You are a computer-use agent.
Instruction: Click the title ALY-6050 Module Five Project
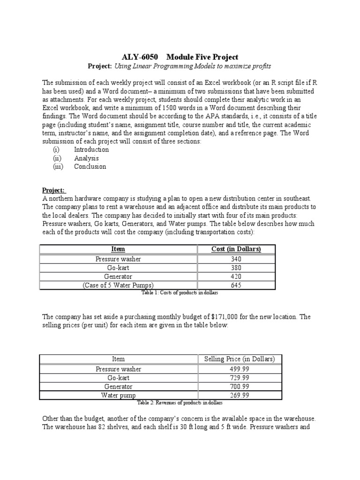pos(180,57)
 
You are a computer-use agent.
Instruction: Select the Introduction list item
pos(91,150)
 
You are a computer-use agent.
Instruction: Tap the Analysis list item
pos(86,158)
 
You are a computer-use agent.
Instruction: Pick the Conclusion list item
pos(90,166)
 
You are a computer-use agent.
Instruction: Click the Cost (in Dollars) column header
pos(236,249)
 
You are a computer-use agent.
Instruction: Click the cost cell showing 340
pos(236,258)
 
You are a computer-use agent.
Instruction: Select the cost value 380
pos(236,267)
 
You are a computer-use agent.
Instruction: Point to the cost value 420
pos(236,276)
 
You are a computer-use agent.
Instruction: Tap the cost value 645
pos(236,285)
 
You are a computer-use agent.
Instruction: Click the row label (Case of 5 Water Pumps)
pos(118,285)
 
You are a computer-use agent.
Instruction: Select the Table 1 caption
pos(180,292)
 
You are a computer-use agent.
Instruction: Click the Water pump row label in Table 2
pos(118,395)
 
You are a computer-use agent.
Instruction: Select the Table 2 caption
pos(180,403)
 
